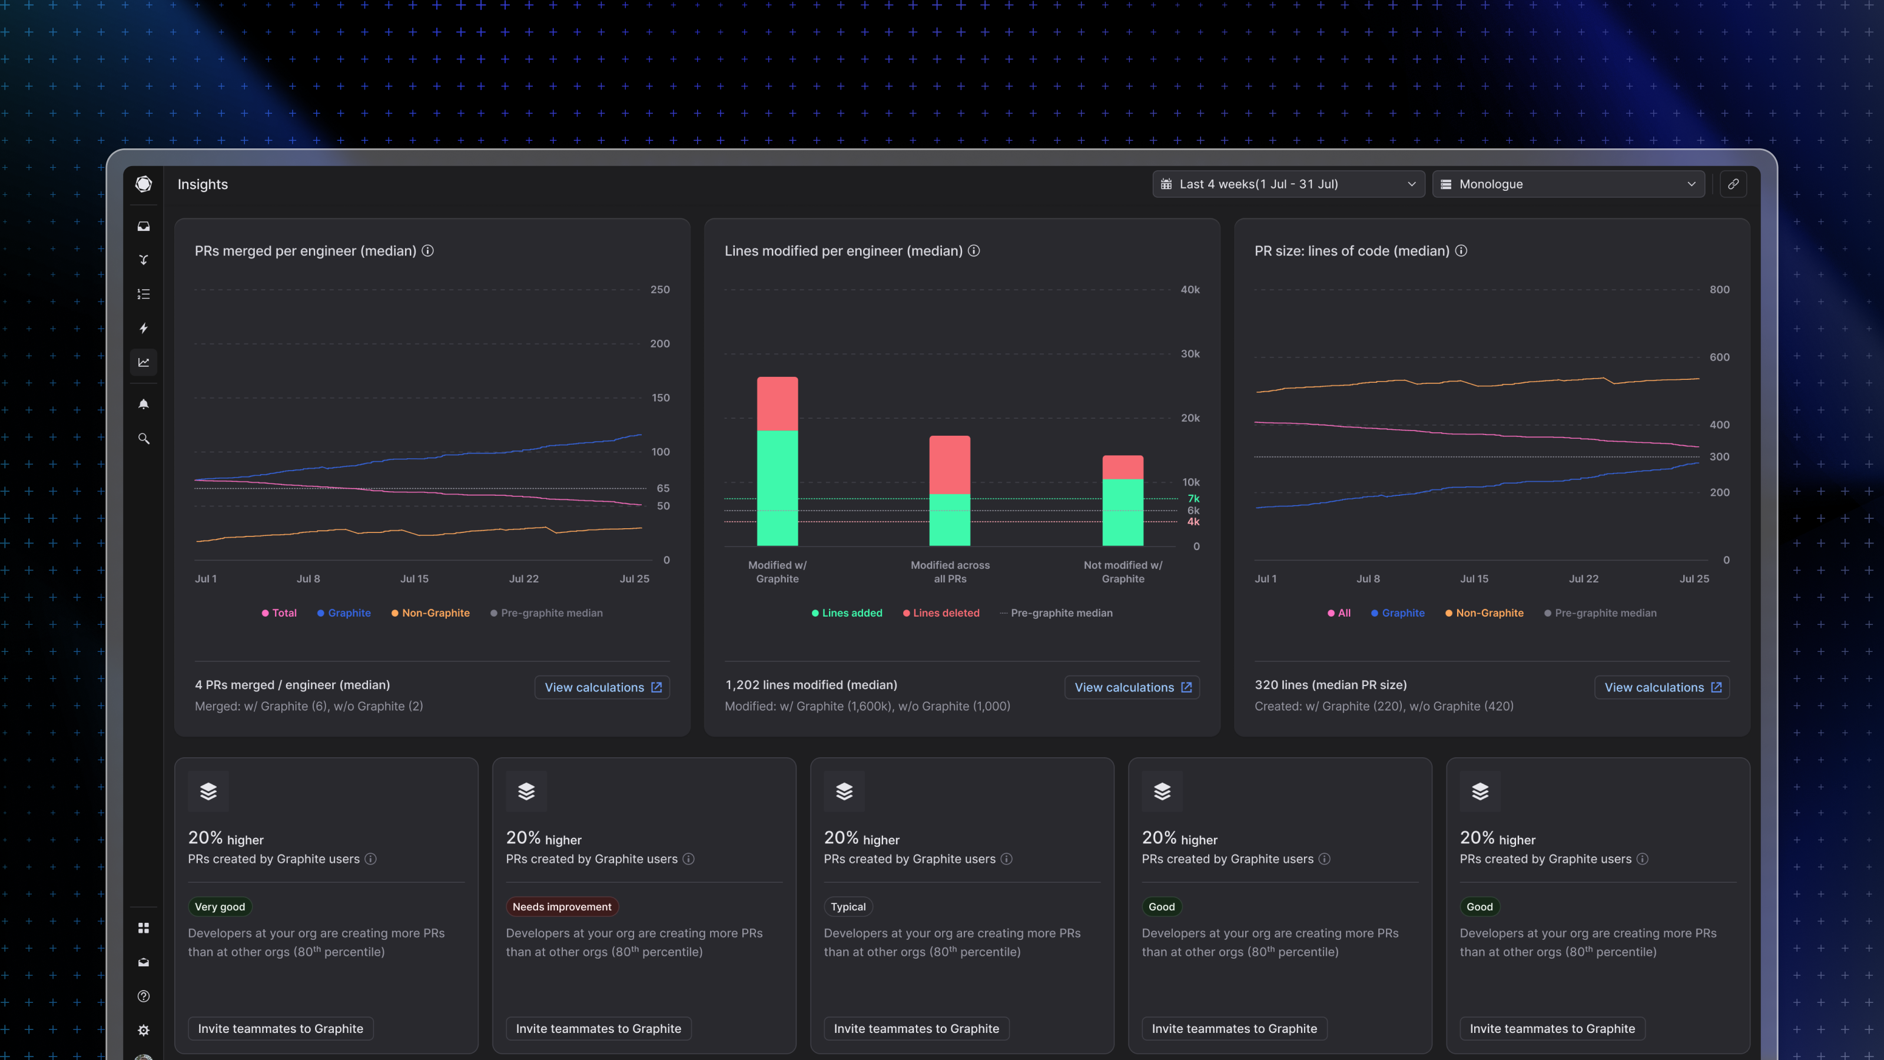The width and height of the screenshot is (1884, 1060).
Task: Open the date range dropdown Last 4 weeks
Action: pyautogui.click(x=1288, y=184)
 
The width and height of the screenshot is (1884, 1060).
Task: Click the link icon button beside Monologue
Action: pyautogui.click(x=1733, y=184)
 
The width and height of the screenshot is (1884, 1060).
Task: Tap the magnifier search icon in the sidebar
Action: pyautogui.click(x=143, y=439)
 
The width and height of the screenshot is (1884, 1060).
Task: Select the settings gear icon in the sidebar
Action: pyautogui.click(x=143, y=1030)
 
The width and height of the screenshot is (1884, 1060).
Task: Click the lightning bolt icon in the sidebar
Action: pyautogui.click(x=143, y=329)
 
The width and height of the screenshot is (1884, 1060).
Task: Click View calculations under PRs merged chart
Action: pyautogui.click(x=602, y=688)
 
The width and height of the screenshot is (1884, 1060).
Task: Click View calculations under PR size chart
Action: pyautogui.click(x=1661, y=688)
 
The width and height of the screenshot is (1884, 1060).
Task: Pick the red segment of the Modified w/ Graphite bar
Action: pyautogui.click(x=777, y=404)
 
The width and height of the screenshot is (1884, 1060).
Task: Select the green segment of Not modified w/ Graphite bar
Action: pyautogui.click(x=1123, y=512)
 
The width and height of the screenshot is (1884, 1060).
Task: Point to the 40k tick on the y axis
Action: pyautogui.click(x=1190, y=290)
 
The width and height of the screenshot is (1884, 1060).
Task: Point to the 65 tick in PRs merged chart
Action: pyautogui.click(x=662, y=488)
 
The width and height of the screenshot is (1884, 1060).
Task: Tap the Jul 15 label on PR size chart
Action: pyautogui.click(x=1474, y=579)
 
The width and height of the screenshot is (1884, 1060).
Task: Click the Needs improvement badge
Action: pyautogui.click(x=562, y=907)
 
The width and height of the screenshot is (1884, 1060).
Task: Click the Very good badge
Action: pyautogui.click(x=220, y=907)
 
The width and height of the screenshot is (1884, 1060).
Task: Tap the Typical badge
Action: pyautogui.click(x=848, y=907)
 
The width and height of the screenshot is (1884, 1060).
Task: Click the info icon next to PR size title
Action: pyautogui.click(x=1461, y=251)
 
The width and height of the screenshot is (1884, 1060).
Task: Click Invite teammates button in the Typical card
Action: pyautogui.click(x=916, y=1029)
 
